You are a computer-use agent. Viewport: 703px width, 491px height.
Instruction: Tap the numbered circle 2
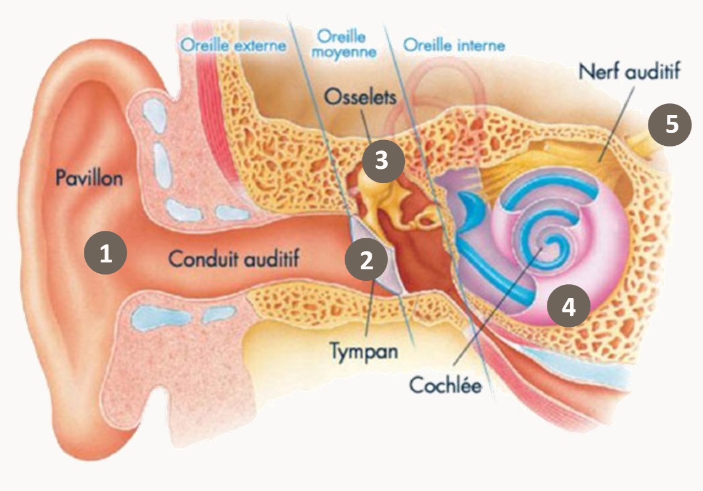pyautogui.click(x=366, y=261)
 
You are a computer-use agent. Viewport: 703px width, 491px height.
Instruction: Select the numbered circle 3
pyautogui.click(x=382, y=161)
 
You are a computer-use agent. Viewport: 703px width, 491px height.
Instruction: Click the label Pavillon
pyautogui.click(x=89, y=177)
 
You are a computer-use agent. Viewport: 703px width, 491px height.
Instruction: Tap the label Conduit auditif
pyautogui.click(x=234, y=259)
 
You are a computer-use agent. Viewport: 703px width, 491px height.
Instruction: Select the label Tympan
pyautogui.click(x=364, y=350)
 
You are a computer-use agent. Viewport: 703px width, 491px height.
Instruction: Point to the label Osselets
pyautogui.click(x=360, y=97)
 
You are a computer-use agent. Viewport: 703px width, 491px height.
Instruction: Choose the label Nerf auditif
pyautogui.click(x=629, y=72)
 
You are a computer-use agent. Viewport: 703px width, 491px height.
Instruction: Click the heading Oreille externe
pyautogui.click(x=233, y=45)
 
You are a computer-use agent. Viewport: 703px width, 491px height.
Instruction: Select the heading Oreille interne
pyautogui.click(x=454, y=45)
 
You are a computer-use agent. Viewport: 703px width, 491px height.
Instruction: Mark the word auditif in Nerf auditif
pyautogui.click(x=652, y=72)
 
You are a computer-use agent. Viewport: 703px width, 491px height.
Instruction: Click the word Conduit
pyautogui.click(x=202, y=259)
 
